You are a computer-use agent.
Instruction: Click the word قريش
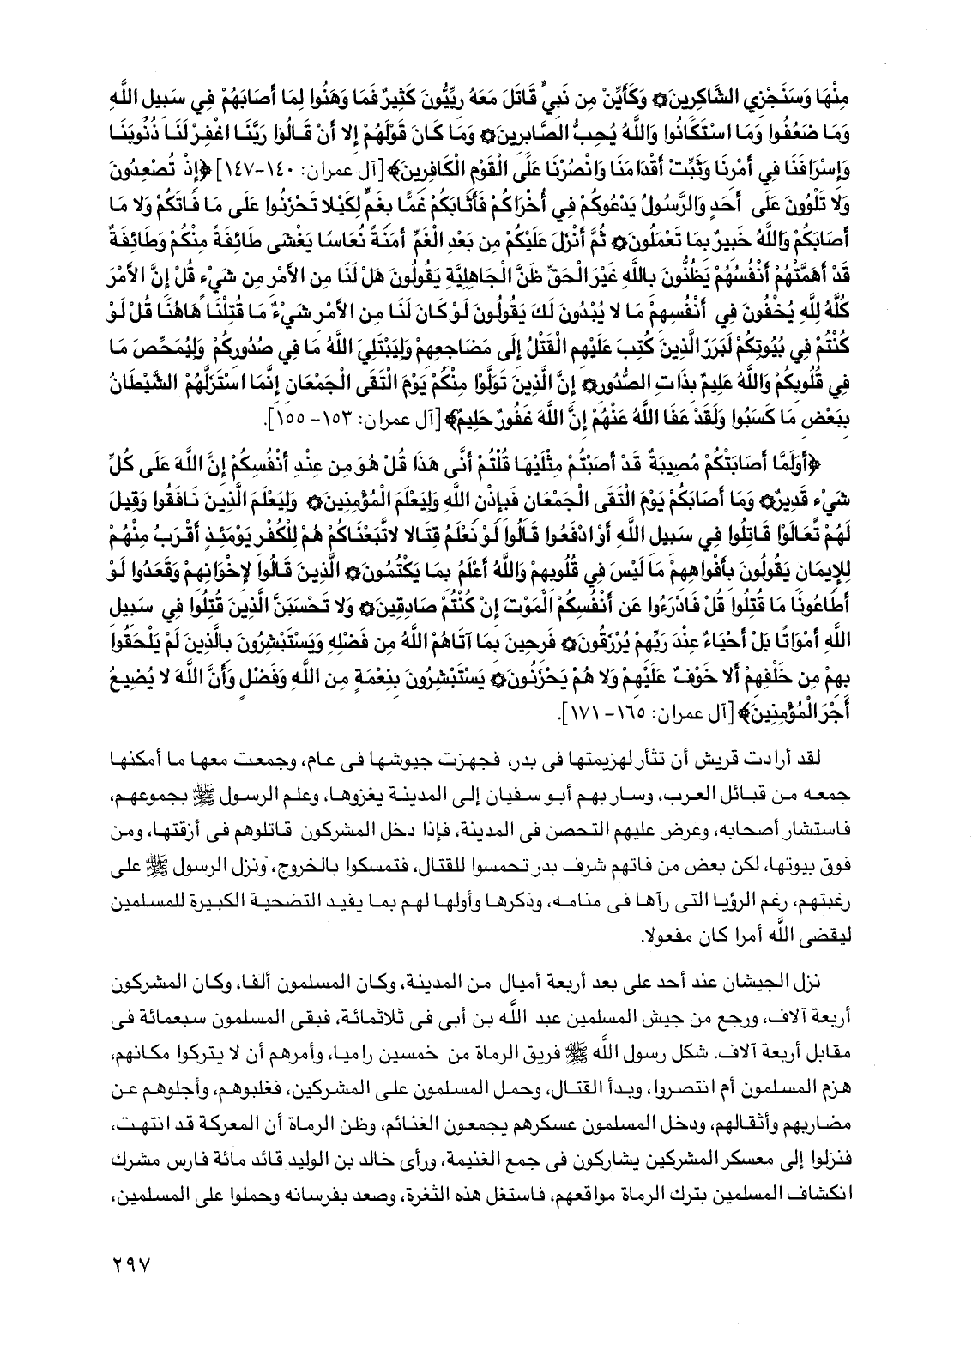pyautogui.click(x=788, y=758)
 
